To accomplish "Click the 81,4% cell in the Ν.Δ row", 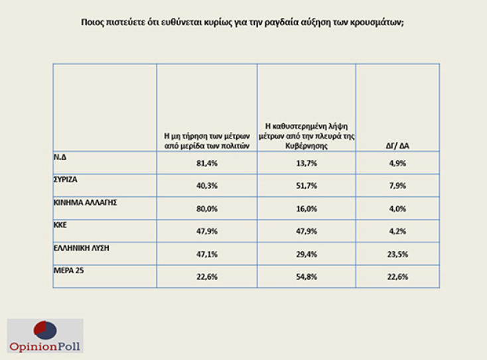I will [207, 163].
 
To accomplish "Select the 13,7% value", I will [306, 163].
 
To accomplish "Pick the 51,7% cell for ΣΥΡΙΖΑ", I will [306, 186].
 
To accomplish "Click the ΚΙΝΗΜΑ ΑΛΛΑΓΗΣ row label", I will [85, 202].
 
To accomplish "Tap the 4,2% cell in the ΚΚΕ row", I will [397, 232].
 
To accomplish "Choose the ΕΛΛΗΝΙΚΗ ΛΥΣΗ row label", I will [80, 247].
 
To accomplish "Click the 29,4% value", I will [306, 255].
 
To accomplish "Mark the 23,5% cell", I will [397, 255].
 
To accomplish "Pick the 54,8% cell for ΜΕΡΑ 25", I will [306, 277].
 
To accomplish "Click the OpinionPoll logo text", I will [44, 345].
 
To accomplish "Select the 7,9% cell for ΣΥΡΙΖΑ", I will [397, 186].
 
